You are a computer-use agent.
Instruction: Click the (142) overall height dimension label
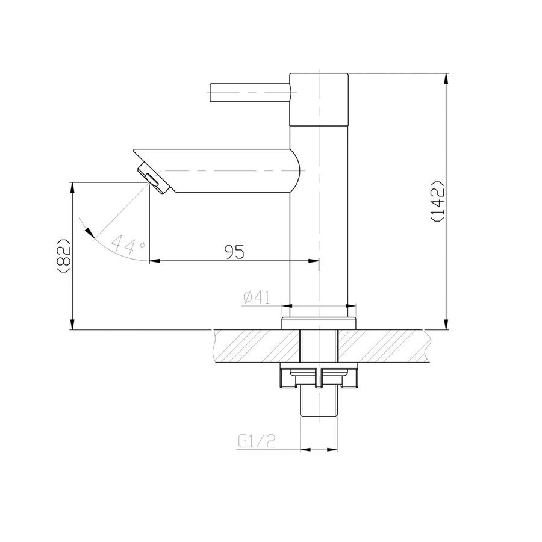click(438, 201)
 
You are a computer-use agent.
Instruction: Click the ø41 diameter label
click(256, 297)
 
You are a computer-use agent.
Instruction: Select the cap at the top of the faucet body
click(319, 99)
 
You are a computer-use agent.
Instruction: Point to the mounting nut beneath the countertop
click(319, 378)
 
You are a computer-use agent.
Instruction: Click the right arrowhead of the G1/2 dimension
click(332, 449)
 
